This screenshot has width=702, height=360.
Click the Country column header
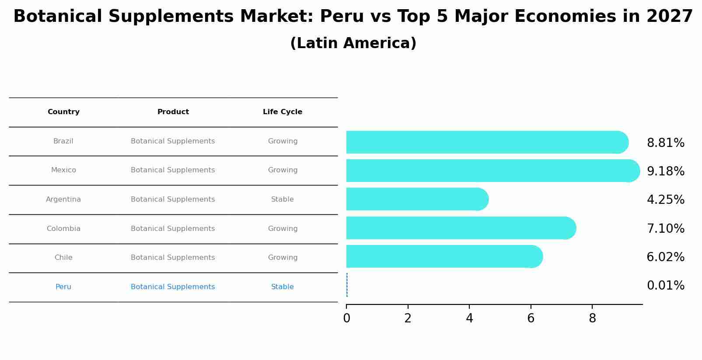(x=63, y=112)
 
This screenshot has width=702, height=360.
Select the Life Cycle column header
(x=282, y=112)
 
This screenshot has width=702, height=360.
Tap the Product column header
(x=173, y=112)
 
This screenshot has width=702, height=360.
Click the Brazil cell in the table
(x=63, y=141)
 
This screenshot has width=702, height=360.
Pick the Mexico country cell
(x=63, y=170)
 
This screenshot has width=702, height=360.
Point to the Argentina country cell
(x=63, y=199)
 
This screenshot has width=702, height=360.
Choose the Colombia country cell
(x=63, y=229)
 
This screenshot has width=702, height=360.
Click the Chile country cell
(x=63, y=258)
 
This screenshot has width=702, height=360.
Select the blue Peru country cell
(x=63, y=287)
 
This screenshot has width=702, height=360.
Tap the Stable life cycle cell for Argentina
(x=282, y=199)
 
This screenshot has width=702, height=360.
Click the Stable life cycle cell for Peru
(x=282, y=287)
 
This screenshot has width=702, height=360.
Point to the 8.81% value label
(x=665, y=143)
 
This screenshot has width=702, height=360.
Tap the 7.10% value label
(x=665, y=229)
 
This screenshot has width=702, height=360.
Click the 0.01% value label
(x=665, y=286)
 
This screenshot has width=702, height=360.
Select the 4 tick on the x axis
(x=469, y=318)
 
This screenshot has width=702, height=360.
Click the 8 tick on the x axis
(x=592, y=318)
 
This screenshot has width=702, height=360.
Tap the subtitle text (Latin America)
(x=353, y=43)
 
